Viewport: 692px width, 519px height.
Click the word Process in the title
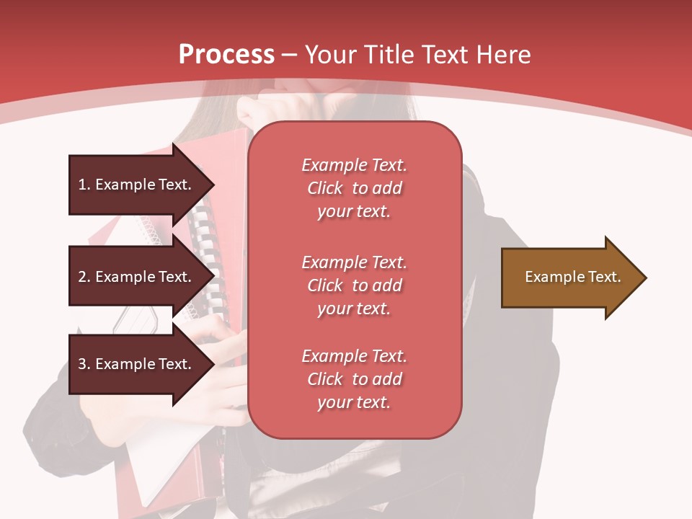click(x=226, y=55)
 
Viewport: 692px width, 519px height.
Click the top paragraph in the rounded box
click(x=354, y=188)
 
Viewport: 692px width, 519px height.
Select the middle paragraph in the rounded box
click(x=354, y=285)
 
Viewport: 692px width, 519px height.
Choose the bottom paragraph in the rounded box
click(x=354, y=379)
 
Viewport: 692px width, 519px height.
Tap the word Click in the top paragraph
click(x=325, y=189)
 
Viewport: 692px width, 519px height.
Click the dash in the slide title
click(x=290, y=56)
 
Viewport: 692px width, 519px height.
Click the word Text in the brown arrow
click(x=604, y=277)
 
